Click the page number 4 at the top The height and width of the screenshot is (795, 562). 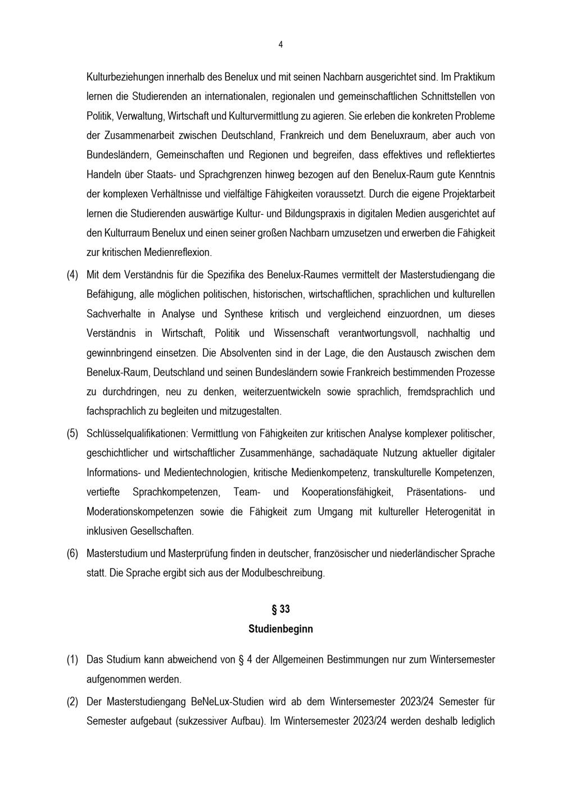click(x=280, y=45)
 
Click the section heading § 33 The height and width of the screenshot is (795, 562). click(x=280, y=609)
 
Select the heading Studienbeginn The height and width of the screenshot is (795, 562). click(x=280, y=629)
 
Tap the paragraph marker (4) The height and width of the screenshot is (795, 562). click(x=72, y=275)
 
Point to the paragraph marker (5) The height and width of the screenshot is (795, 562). click(x=72, y=433)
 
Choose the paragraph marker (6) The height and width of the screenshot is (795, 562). click(x=72, y=553)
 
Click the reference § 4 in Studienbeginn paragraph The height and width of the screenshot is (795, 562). click(x=245, y=660)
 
